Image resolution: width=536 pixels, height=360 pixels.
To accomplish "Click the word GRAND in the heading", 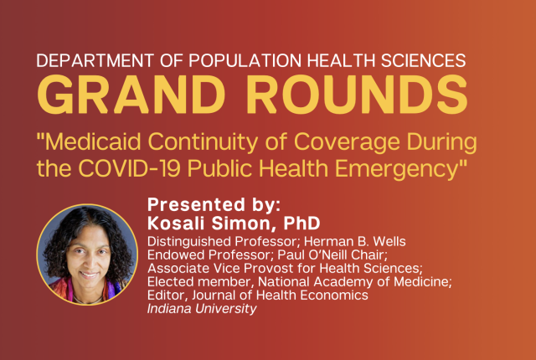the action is point(131,95).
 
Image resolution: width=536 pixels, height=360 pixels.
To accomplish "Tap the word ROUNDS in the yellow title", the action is point(358,95).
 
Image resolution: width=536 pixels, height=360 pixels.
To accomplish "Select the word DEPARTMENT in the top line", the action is point(95,60).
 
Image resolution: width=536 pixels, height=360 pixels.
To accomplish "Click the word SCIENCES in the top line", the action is point(424,60).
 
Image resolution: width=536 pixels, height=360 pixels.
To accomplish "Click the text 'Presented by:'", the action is point(214,204).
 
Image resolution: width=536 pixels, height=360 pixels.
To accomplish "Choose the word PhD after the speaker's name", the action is point(301,224).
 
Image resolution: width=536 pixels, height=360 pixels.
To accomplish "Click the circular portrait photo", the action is point(87,255).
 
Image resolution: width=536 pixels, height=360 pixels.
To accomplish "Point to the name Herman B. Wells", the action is point(355,241).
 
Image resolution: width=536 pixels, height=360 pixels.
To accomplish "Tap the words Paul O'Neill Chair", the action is point(332,255).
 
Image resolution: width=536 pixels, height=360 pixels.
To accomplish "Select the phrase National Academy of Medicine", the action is point(353,282).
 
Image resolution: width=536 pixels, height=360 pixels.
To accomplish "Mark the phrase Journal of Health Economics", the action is point(280,295).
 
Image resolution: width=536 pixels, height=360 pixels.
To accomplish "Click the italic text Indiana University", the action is point(202,309).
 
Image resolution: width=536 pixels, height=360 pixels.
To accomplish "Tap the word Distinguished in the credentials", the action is point(189,242).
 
